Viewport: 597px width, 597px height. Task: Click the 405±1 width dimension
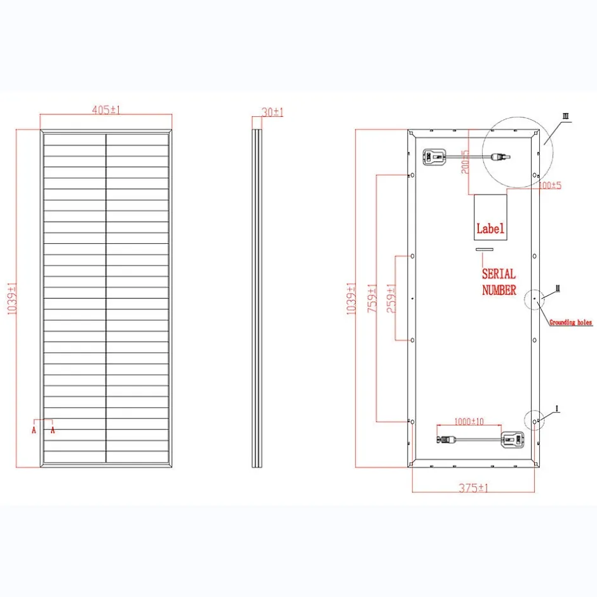[106, 110]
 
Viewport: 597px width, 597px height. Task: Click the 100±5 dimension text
[549, 185]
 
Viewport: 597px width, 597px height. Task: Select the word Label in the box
[490, 229]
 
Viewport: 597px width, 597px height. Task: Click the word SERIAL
[499, 274]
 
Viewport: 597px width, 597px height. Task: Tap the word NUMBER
[499, 290]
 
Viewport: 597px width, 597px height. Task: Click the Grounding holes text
[570, 323]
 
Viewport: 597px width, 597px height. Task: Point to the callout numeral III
[565, 117]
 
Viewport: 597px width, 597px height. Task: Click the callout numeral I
[557, 408]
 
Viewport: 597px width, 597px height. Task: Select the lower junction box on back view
[512, 439]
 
